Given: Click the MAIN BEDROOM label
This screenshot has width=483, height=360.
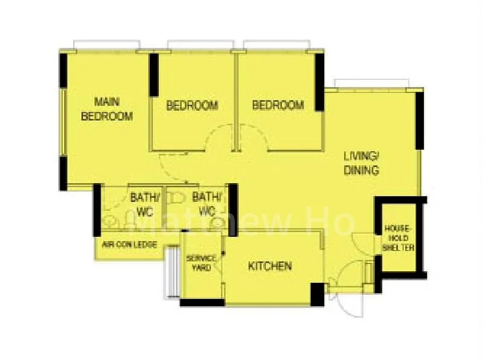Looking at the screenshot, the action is (107, 109).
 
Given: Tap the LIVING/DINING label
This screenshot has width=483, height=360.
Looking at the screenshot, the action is (362, 163).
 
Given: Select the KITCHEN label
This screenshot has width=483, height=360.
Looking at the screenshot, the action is (270, 266).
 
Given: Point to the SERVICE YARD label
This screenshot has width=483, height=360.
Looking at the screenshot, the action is (202, 263).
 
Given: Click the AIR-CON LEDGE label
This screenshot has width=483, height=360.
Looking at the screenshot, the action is (129, 245).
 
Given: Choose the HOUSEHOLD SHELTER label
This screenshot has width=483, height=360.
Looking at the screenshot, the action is (398, 238).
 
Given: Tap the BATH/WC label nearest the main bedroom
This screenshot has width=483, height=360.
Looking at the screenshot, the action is (145, 204).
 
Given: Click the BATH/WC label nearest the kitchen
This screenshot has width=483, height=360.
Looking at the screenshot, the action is (206, 204).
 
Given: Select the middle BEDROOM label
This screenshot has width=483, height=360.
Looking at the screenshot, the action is (192, 106).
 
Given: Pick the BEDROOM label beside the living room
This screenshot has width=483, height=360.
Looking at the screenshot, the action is (278, 105).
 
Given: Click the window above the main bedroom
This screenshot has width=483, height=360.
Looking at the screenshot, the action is (107, 45).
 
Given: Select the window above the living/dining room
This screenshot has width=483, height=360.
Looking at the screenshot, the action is (372, 83).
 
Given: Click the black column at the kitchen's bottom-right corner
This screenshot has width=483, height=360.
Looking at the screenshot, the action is (318, 294).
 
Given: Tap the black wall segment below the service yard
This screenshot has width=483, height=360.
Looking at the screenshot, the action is (202, 303).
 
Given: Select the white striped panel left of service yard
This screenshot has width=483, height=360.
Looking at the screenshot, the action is (173, 272).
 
